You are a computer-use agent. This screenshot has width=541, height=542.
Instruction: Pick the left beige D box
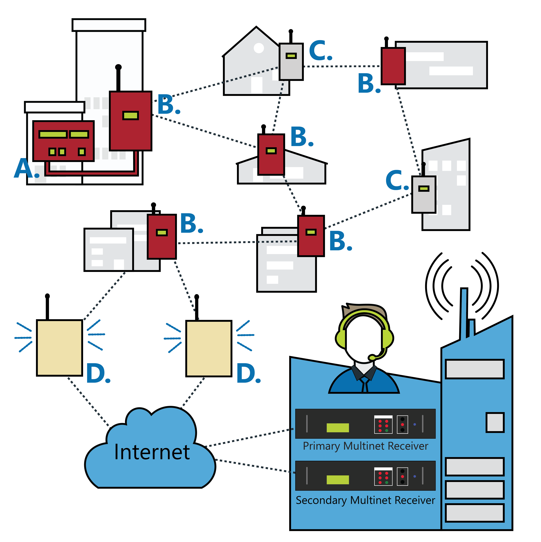click(59, 348)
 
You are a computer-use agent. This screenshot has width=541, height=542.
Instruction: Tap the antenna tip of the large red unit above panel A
click(118, 67)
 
